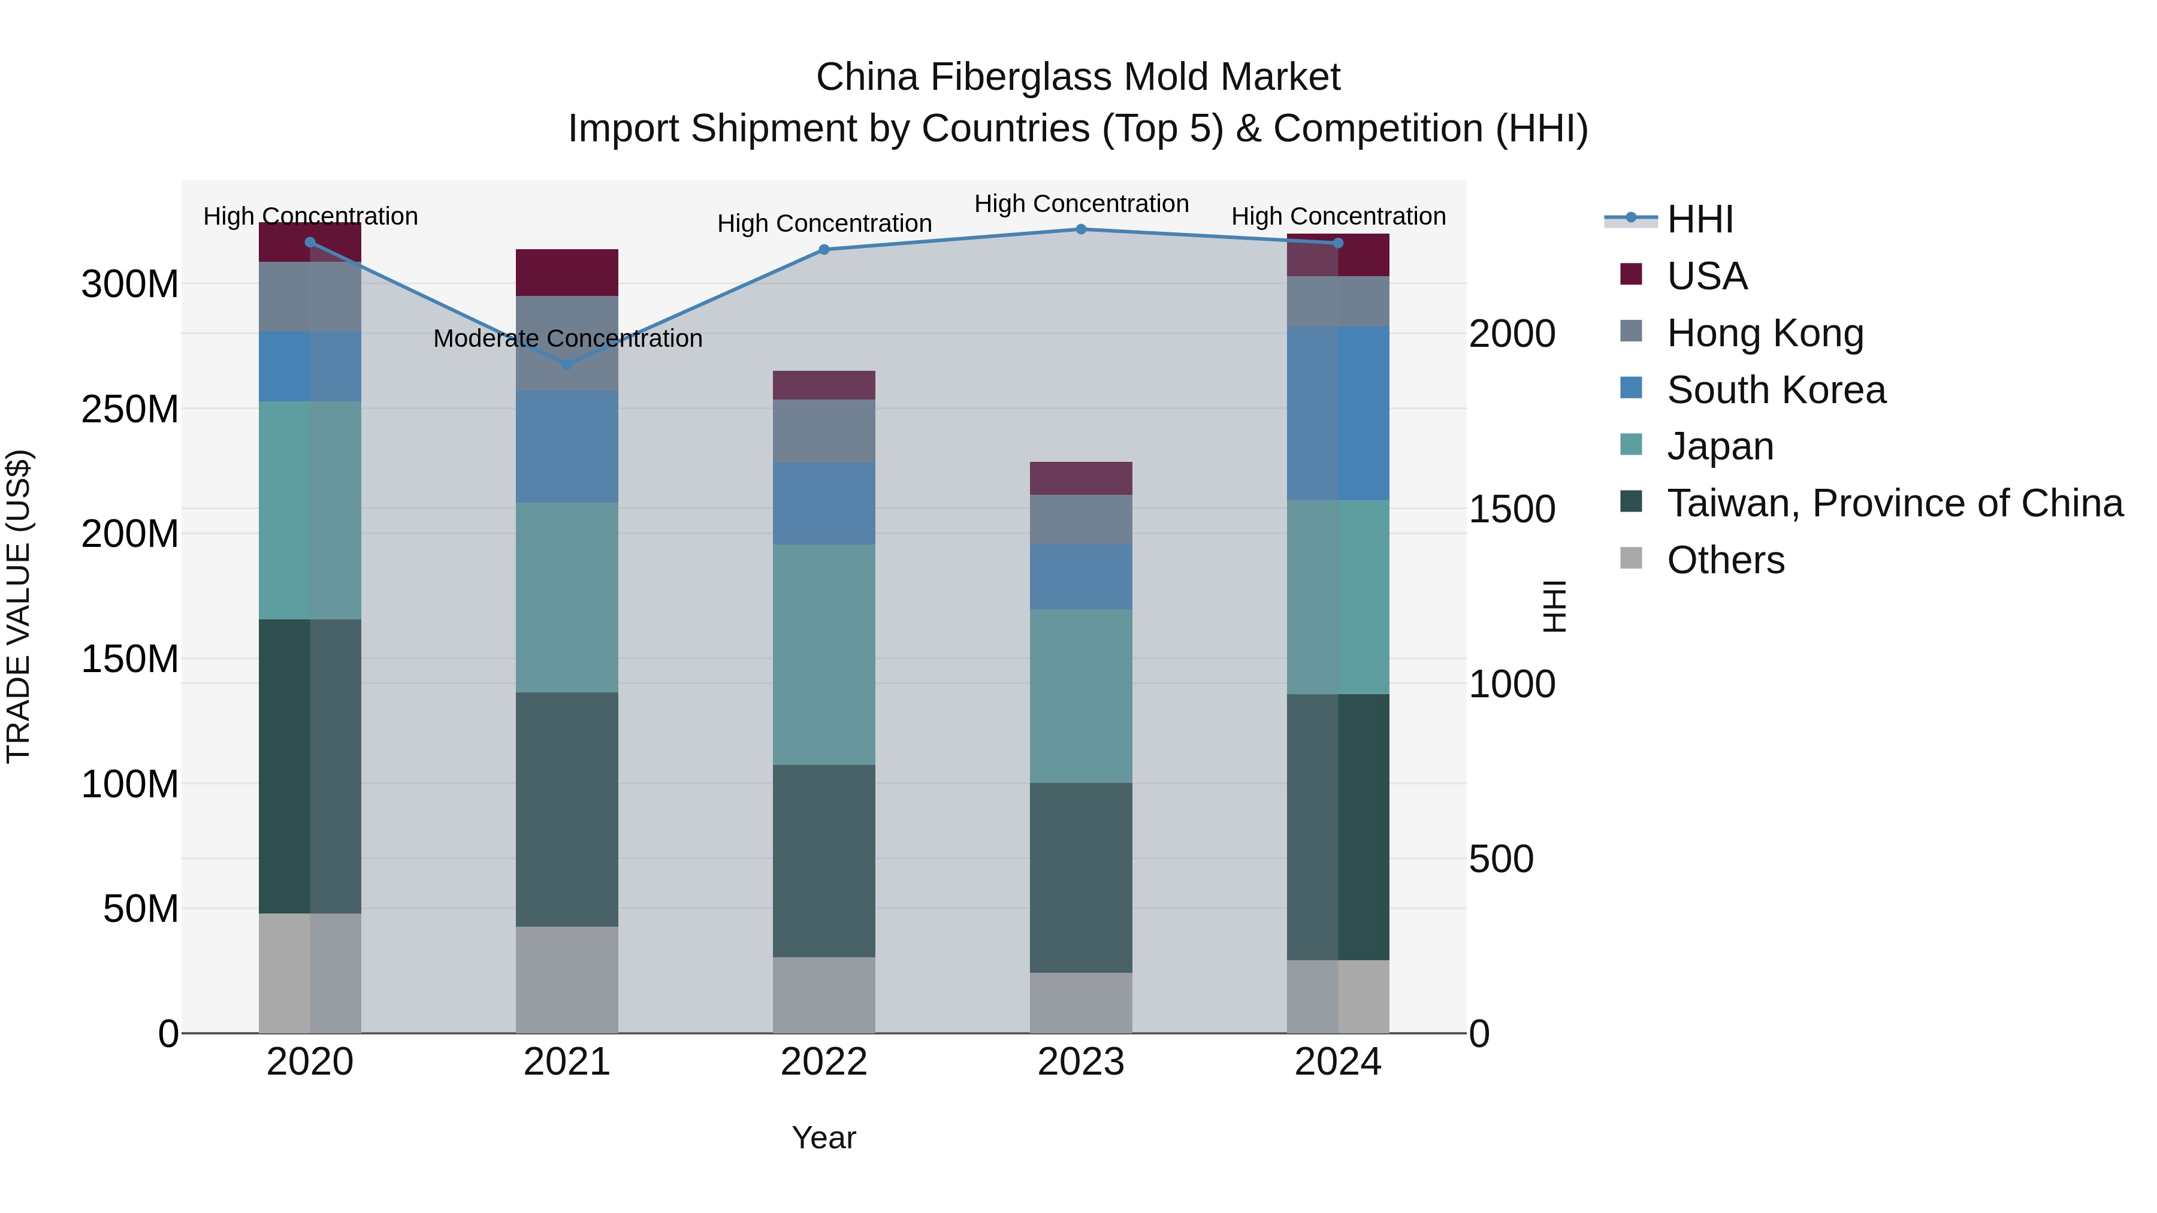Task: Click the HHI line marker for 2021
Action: click(567, 364)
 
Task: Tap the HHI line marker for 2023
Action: click(1080, 229)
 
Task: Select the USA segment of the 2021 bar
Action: click(567, 272)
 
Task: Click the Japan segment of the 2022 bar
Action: click(823, 655)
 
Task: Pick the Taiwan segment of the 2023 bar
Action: click(1080, 878)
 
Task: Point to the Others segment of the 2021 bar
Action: click(567, 979)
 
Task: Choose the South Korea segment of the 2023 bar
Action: click(1080, 577)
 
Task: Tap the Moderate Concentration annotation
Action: click(568, 338)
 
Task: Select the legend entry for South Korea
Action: click(1775, 390)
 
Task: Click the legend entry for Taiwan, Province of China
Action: click(1894, 503)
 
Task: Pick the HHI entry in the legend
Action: click(1699, 219)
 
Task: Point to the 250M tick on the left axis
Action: click(130, 409)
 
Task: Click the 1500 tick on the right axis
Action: click(1512, 509)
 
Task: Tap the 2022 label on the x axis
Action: click(823, 1062)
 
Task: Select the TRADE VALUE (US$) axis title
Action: click(19, 606)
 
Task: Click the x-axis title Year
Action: click(823, 1138)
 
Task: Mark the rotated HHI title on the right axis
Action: click(1554, 606)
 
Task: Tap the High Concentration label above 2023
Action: click(1081, 204)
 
